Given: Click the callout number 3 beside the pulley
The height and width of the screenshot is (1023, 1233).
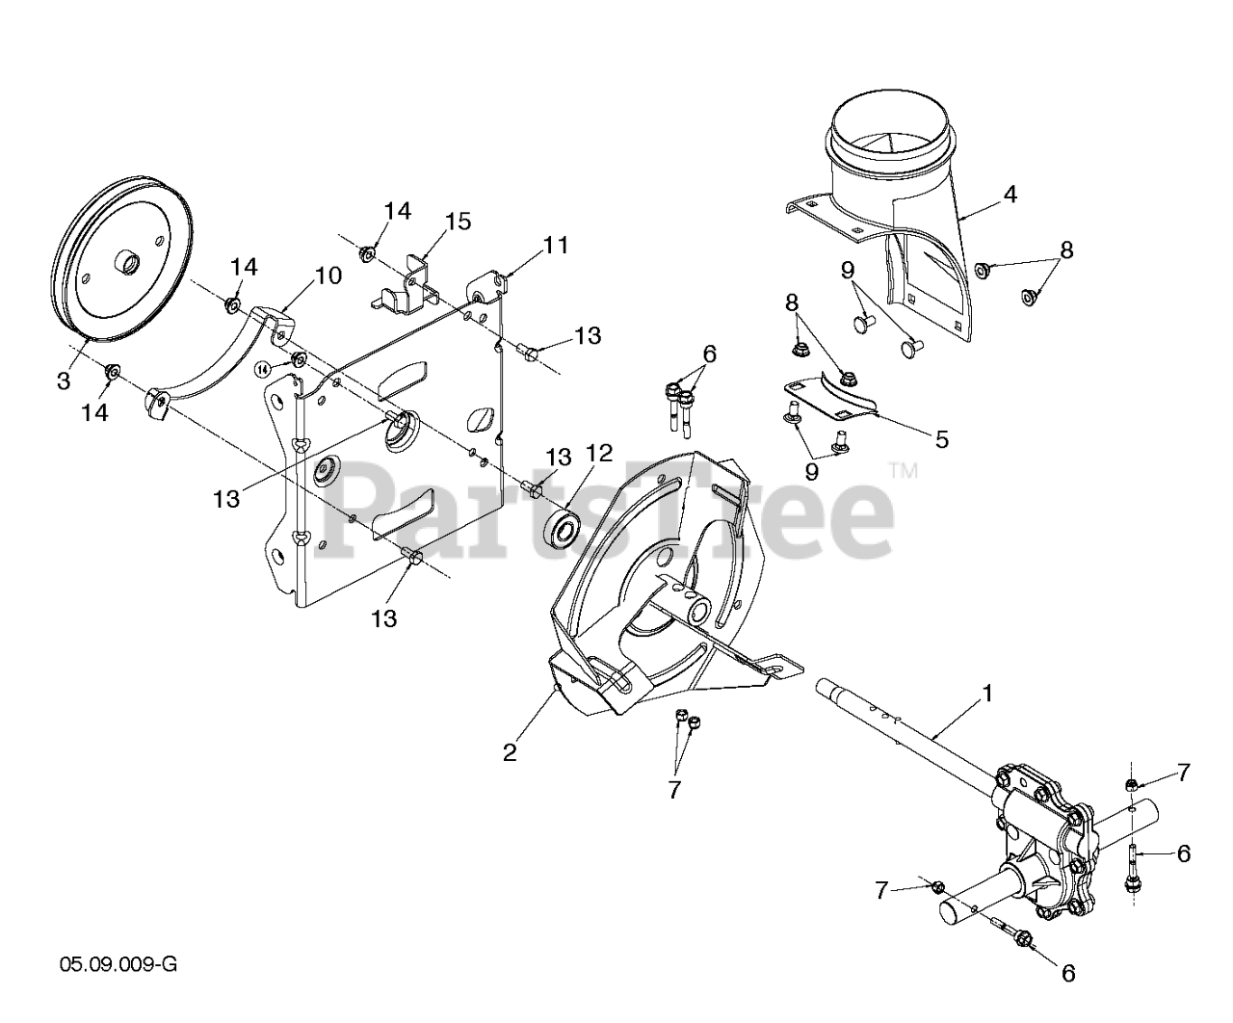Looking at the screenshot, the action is point(64,380).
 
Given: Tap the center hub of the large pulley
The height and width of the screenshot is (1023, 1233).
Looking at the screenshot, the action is point(126,261).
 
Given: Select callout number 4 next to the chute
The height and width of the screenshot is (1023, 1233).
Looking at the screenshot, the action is point(1010,194).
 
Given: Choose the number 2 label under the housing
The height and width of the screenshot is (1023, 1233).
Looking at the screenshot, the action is point(510,752).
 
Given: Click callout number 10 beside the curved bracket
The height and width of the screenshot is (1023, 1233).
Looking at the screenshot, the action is point(328,275).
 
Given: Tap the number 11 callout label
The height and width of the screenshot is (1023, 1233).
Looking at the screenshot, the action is point(556,245).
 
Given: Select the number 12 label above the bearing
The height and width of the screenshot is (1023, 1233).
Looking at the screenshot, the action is point(598,452).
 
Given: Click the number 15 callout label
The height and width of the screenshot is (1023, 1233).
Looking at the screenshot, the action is point(459,222).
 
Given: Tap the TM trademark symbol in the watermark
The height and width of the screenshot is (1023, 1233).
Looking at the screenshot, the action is point(903,470).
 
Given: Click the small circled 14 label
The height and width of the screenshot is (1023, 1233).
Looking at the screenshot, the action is point(263,368).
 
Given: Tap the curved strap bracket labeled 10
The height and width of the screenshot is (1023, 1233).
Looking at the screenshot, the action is point(217,356).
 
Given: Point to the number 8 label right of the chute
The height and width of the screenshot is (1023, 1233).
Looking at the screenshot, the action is point(1065,249).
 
